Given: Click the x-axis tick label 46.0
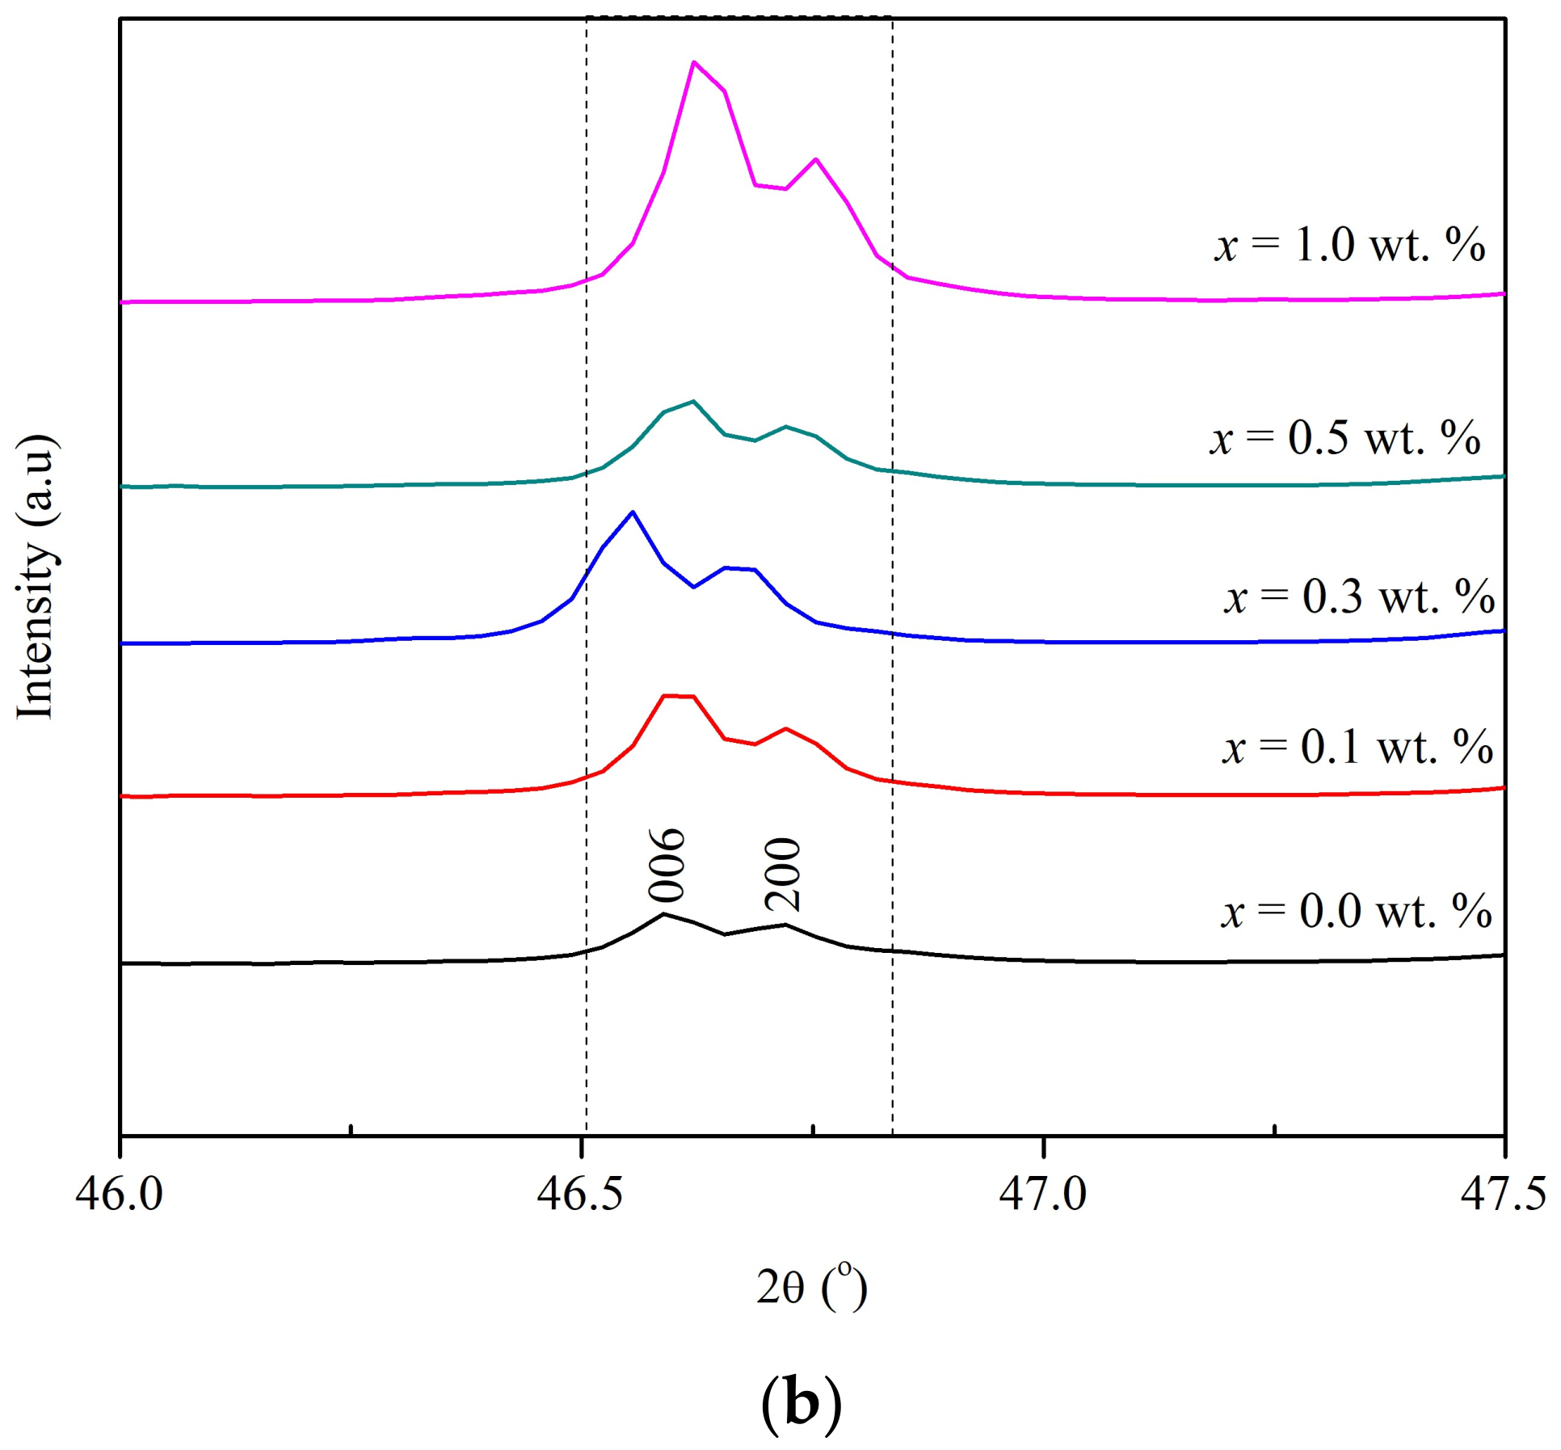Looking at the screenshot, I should pyautogui.click(x=120, y=1195).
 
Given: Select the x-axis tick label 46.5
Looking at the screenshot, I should pyautogui.click(x=580, y=1195).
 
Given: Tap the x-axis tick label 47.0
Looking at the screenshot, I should pyautogui.click(x=1043, y=1195).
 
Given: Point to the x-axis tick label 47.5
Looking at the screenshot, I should pyautogui.click(x=1504, y=1195).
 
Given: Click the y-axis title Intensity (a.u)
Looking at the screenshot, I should pyautogui.click(x=36, y=575).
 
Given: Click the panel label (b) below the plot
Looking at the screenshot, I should pyautogui.click(x=801, y=1405).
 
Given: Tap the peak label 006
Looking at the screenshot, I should pyautogui.click(x=667, y=865).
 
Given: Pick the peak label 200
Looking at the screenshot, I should pyautogui.click(x=782, y=875).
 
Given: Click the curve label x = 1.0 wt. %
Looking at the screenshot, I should pyautogui.click(x=1349, y=244).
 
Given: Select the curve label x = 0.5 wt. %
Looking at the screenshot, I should pyautogui.click(x=1344, y=437).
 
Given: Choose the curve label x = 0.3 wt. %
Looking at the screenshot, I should pyautogui.click(x=1359, y=596).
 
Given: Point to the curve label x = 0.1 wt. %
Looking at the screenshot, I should pyautogui.click(x=1357, y=746).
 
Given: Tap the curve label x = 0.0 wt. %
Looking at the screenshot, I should pyautogui.click(x=1356, y=911).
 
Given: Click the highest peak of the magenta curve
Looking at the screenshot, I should pyautogui.click(x=694, y=62).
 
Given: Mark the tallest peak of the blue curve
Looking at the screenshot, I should pyautogui.click(x=633, y=512).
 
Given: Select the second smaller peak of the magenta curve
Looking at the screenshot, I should pyautogui.click(x=815, y=159).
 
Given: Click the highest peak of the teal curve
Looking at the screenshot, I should pyautogui.click(x=693, y=401).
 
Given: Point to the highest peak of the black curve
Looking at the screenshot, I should pyautogui.click(x=664, y=914).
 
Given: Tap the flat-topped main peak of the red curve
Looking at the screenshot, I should pyautogui.click(x=679, y=696).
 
